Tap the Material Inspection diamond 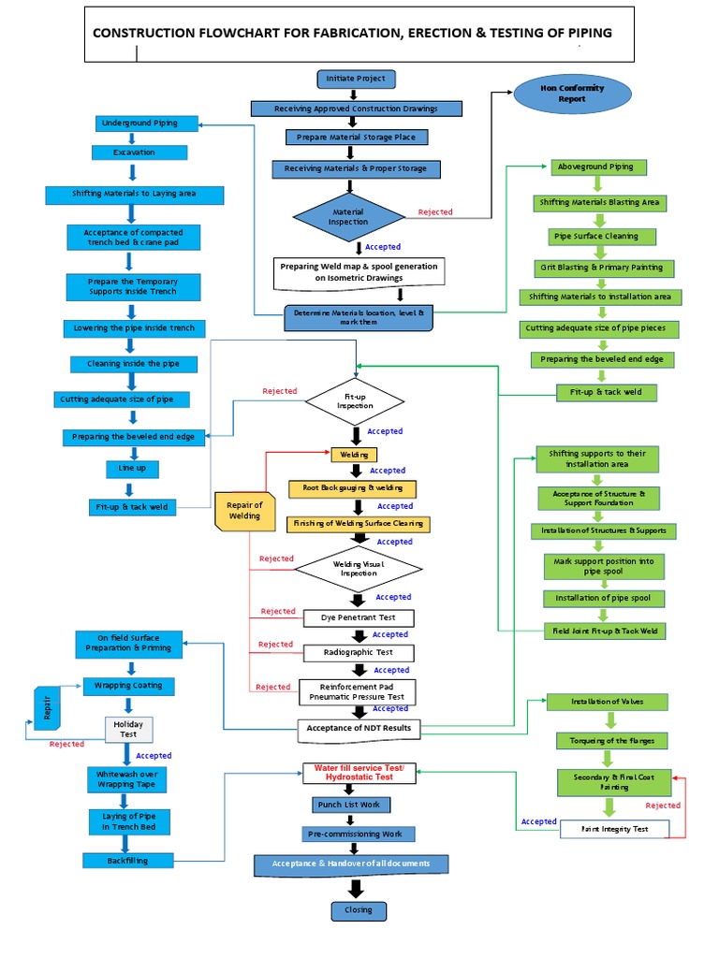(x=348, y=217)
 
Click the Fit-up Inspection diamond (x=355, y=402)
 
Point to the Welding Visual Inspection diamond (x=358, y=569)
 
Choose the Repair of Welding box (x=244, y=511)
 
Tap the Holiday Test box (x=126, y=729)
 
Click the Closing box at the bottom (x=358, y=909)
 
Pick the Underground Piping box (x=138, y=123)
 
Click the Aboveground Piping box (x=595, y=167)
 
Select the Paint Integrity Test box (x=614, y=829)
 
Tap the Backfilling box (x=127, y=860)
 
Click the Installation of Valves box (x=607, y=702)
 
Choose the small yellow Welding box (x=354, y=455)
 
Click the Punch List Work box (x=350, y=805)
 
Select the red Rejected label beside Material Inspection (x=434, y=212)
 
